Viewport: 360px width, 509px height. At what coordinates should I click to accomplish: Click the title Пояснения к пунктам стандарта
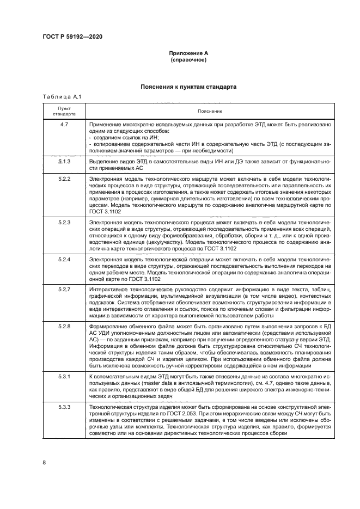[x=188, y=87]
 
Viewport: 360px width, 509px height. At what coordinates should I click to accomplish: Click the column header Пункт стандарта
[x=64, y=111]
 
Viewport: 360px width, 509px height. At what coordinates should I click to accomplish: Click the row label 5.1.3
[x=64, y=163]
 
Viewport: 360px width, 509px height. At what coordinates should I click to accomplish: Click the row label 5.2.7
[x=64, y=289]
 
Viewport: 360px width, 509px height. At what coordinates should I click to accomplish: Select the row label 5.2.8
[x=64, y=325]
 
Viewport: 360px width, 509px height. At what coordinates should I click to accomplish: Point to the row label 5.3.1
[x=64, y=376]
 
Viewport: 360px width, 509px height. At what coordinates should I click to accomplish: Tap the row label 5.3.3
[x=64, y=407]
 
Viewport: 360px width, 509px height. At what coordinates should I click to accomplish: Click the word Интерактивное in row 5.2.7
[x=108, y=289]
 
